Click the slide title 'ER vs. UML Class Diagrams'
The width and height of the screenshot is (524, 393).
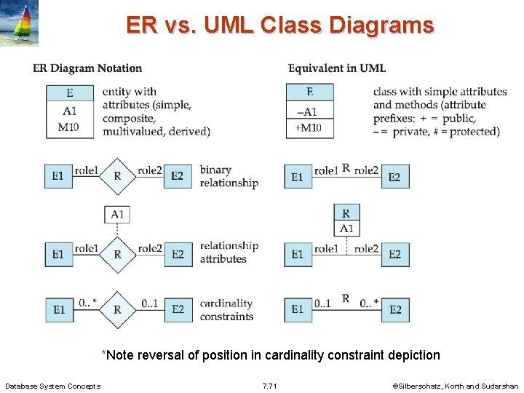point(279,25)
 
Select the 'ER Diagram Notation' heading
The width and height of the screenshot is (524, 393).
point(87,68)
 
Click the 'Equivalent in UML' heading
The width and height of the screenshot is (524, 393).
point(337,68)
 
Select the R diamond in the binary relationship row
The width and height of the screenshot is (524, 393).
point(117,176)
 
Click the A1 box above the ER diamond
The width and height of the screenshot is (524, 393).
point(117,214)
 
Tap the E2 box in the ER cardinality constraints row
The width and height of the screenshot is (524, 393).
point(178,310)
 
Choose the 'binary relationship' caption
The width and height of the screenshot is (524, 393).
point(229,176)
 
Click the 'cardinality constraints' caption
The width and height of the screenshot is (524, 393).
point(226,310)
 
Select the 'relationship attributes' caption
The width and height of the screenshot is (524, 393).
point(229,253)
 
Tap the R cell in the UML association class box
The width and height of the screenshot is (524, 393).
point(346,213)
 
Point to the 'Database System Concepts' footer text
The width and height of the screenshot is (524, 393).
point(52,386)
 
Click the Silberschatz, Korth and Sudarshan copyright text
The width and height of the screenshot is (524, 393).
point(456,386)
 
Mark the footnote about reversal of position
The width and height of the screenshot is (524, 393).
point(271,355)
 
